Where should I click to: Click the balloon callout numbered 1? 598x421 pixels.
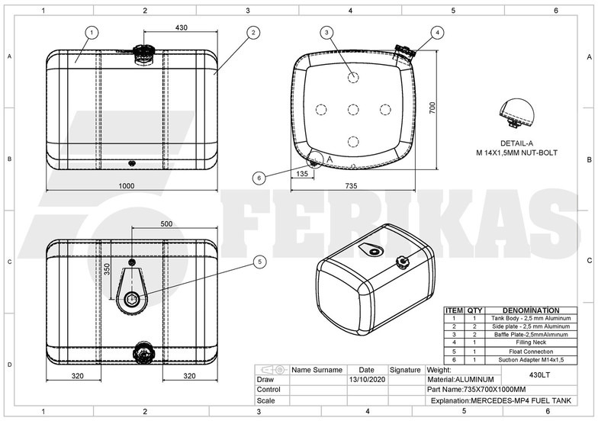click(x=92, y=32)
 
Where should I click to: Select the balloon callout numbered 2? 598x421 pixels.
click(x=252, y=32)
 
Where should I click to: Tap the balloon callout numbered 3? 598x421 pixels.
click(x=326, y=32)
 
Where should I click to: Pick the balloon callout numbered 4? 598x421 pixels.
click(x=436, y=32)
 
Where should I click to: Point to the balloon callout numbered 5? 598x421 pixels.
click(x=260, y=261)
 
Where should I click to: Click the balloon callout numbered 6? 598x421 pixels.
click(x=259, y=177)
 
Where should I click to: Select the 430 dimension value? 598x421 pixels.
click(x=182, y=27)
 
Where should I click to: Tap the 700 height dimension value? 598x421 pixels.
click(x=430, y=107)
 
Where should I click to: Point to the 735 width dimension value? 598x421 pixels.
click(x=351, y=186)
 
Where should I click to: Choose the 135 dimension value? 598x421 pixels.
click(x=301, y=174)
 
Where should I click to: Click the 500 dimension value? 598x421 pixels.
click(x=166, y=224)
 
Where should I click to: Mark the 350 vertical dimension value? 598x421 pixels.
click(x=107, y=269)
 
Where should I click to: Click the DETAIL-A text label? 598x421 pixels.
click(x=516, y=144)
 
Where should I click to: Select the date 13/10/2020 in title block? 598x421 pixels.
click(x=366, y=379)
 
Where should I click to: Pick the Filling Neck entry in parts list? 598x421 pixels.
click(x=532, y=342)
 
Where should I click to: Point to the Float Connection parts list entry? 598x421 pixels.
click(x=532, y=351)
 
